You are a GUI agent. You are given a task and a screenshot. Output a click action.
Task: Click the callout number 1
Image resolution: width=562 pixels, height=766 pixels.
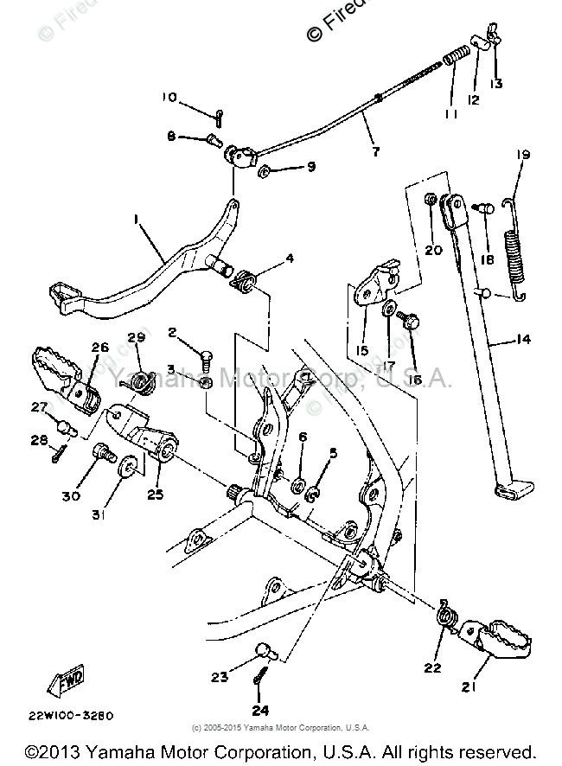[137, 221]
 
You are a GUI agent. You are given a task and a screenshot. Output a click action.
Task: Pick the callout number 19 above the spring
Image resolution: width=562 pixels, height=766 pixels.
[523, 155]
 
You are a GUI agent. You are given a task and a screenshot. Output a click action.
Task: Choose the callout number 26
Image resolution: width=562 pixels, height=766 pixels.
[99, 348]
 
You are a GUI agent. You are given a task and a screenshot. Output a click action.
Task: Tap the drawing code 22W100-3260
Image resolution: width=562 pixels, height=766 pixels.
[69, 716]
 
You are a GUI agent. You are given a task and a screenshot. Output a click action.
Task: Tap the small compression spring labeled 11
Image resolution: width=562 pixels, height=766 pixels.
[455, 63]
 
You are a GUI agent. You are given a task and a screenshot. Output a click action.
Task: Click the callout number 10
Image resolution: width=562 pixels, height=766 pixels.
[168, 97]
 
